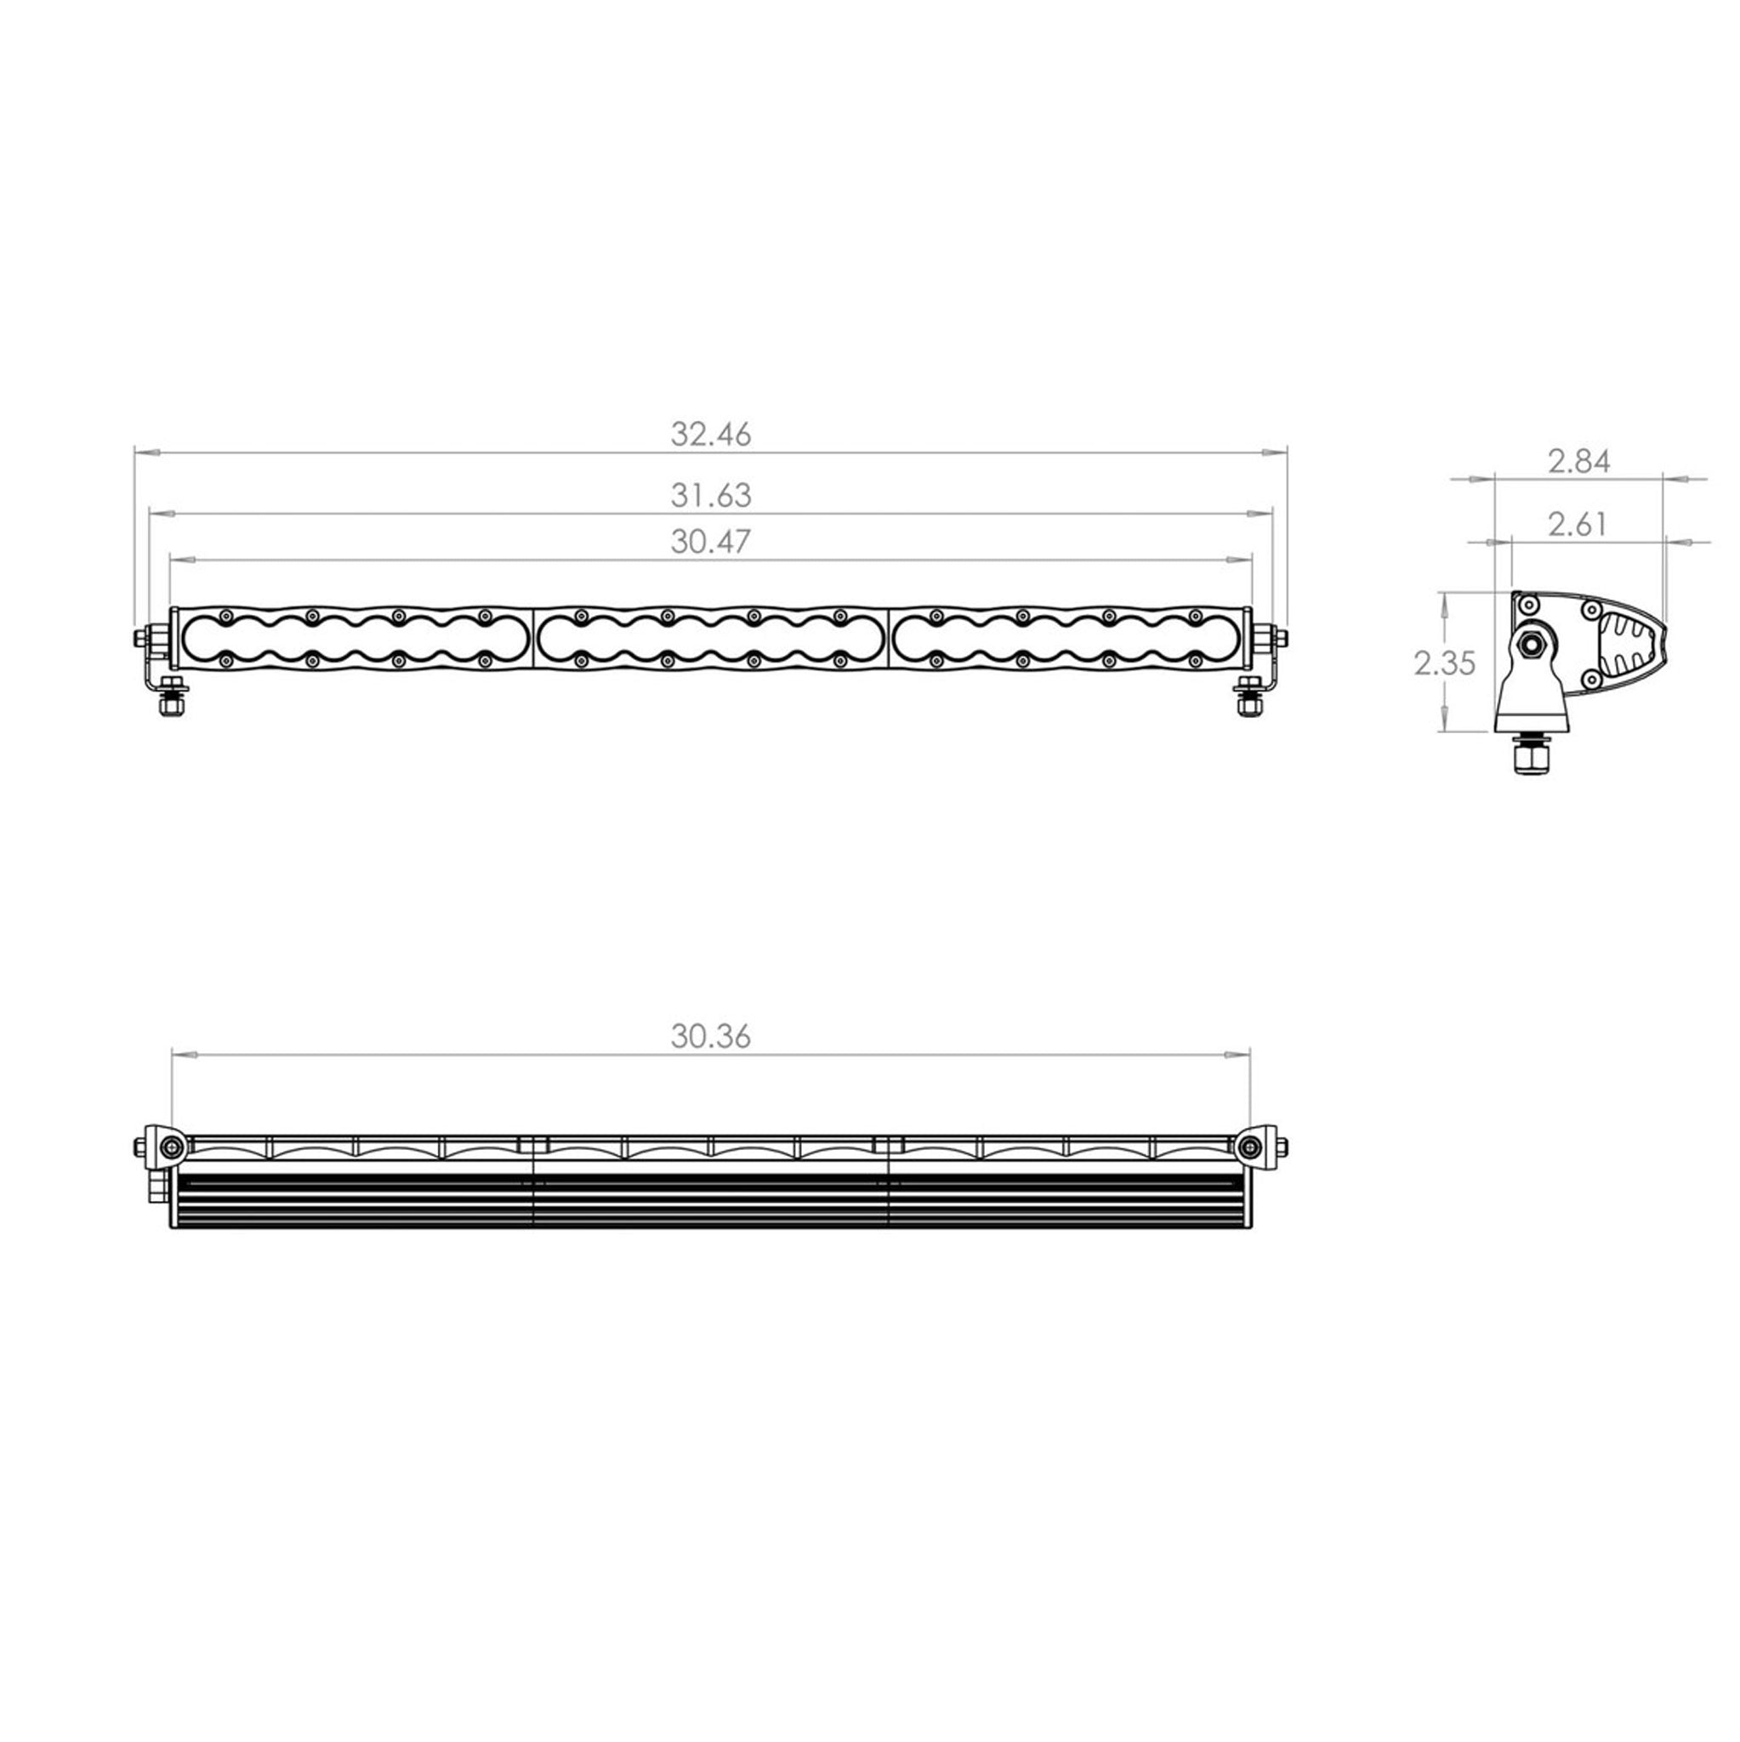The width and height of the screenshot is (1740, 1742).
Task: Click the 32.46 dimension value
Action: tap(710, 435)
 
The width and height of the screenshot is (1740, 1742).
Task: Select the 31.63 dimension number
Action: tap(710, 495)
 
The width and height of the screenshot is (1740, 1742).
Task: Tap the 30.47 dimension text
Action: tap(710, 541)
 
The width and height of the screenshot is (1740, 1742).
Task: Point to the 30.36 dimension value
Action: tap(710, 1037)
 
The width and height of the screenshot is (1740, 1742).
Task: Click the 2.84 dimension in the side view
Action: tap(1578, 462)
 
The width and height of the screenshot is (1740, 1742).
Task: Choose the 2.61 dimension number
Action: tap(1577, 524)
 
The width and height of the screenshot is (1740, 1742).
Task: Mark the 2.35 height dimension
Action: tap(1444, 663)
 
